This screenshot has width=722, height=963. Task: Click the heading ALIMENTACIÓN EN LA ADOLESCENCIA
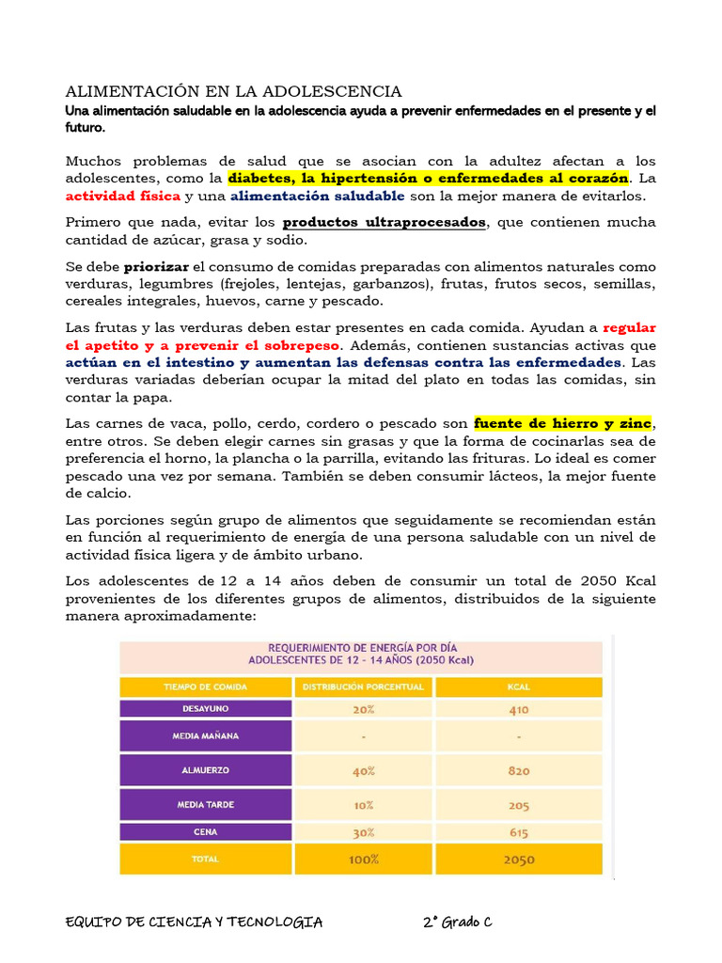(x=233, y=91)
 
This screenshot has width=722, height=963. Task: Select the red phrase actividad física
(x=123, y=196)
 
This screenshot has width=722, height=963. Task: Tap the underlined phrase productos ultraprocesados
(x=385, y=223)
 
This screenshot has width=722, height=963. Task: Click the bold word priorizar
(x=156, y=267)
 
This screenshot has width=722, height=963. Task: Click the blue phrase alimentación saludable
(x=318, y=196)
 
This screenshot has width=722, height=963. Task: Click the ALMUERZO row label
(x=206, y=770)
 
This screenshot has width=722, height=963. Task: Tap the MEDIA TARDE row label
(x=206, y=805)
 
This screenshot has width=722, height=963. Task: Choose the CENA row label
(x=206, y=832)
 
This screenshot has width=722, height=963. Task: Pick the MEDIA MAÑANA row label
(x=206, y=735)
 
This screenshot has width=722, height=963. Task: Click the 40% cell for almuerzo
(x=364, y=770)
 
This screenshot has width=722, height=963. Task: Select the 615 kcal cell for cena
(x=518, y=832)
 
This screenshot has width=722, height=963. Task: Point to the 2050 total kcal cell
(x=518, y=859)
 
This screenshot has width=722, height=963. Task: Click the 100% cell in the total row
(x=364, y=859)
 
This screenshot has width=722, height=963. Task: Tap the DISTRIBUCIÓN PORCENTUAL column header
(x=364, y=687)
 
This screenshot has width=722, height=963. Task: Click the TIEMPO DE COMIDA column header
(x=206, y=687)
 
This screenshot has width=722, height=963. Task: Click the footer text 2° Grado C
(x=458, y=922)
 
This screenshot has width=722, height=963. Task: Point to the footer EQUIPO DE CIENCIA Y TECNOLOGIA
(x=195, y=922)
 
